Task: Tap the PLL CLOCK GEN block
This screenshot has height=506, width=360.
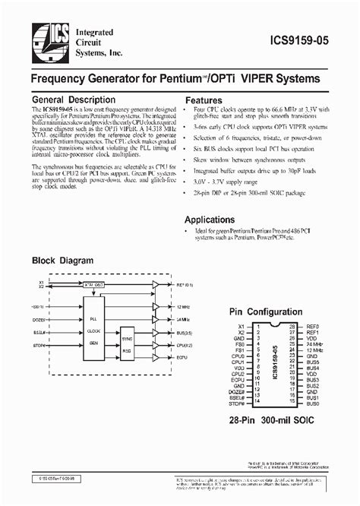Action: [x=93, y=331]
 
